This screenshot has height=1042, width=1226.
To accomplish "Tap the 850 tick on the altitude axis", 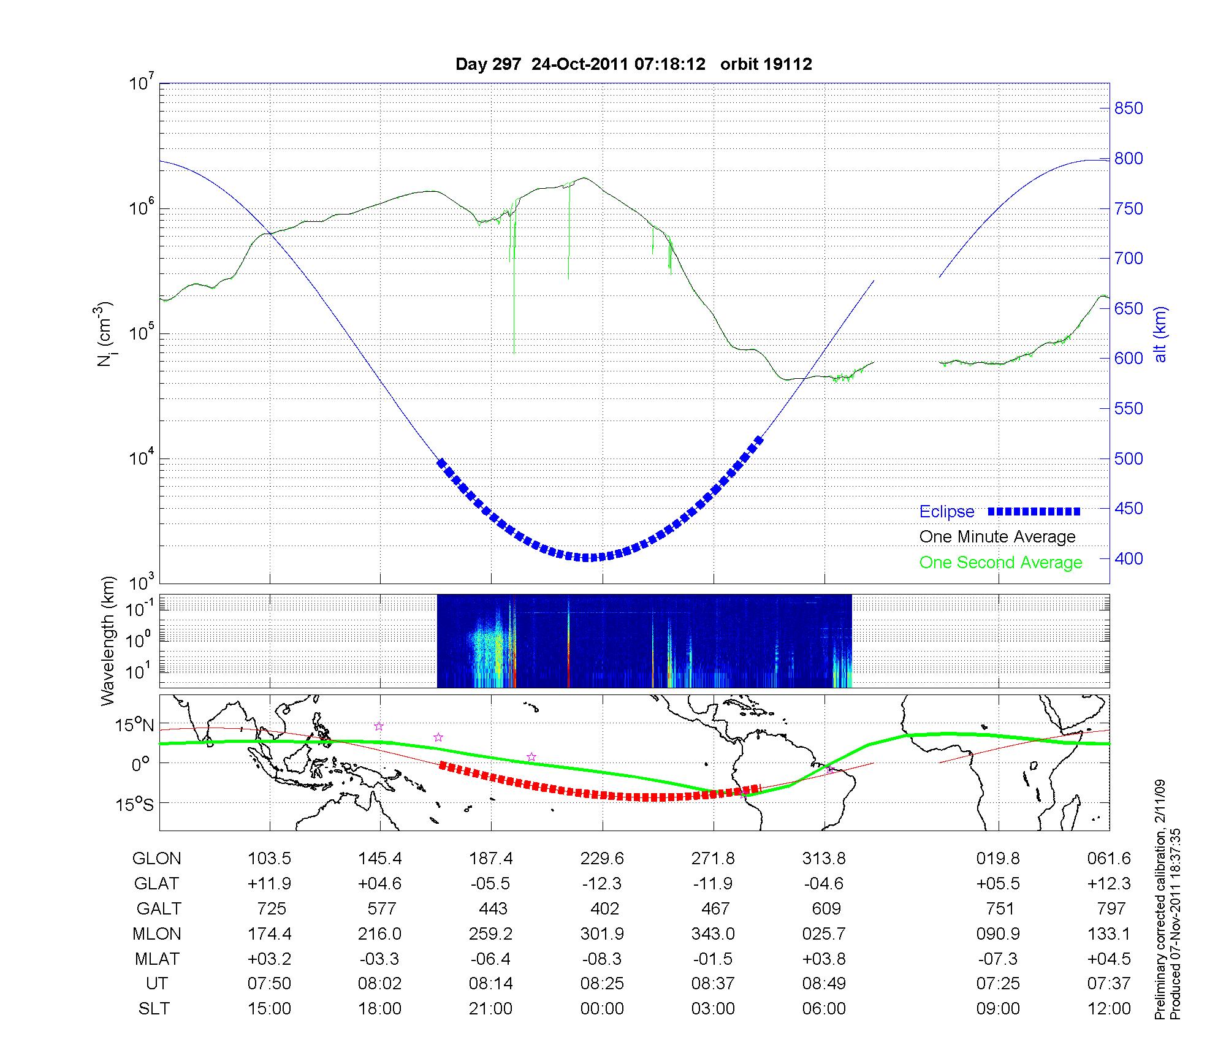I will pyautogui.click(x=1129, y=108).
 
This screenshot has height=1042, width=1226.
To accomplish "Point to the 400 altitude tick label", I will pyautogui.click(x=1129, y=558).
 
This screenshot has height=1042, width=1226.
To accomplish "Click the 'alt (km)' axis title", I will pyautogui.click(x=1160, y=334).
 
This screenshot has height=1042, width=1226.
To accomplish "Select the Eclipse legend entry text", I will pyautogui.click(x=946, y=512).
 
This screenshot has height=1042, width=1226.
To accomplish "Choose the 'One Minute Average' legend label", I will pyautogui.click(x=997, y=537).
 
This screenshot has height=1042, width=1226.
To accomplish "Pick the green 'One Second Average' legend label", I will pyautogui.click(x=1000, y=563).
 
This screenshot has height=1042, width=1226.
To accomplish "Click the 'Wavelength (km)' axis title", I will pyautogui.click(x=109, y=641).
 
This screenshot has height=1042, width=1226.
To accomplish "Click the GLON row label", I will pyautogui.click(x=156, y=859).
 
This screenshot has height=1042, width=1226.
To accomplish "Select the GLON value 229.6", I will pyautogui.click(x=602, y=859).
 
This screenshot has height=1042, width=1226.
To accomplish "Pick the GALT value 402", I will pyautogui.click(x=604, y=908).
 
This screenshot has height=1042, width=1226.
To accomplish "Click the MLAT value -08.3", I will pyautogui.click(x=602, y=959).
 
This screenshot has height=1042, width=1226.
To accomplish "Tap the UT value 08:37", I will pyautogui.click(x=713, y=984).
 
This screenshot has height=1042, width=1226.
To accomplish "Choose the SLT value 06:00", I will pyautogui.click(x=824, y=1009).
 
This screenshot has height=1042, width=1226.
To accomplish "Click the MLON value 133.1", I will pyautogui.click(x=1108, y=934).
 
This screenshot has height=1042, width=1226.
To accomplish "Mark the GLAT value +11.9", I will pyautogui.click(x=269, y=884).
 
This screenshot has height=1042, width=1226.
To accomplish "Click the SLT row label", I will pyautogui.click(x=154, y=1009).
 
